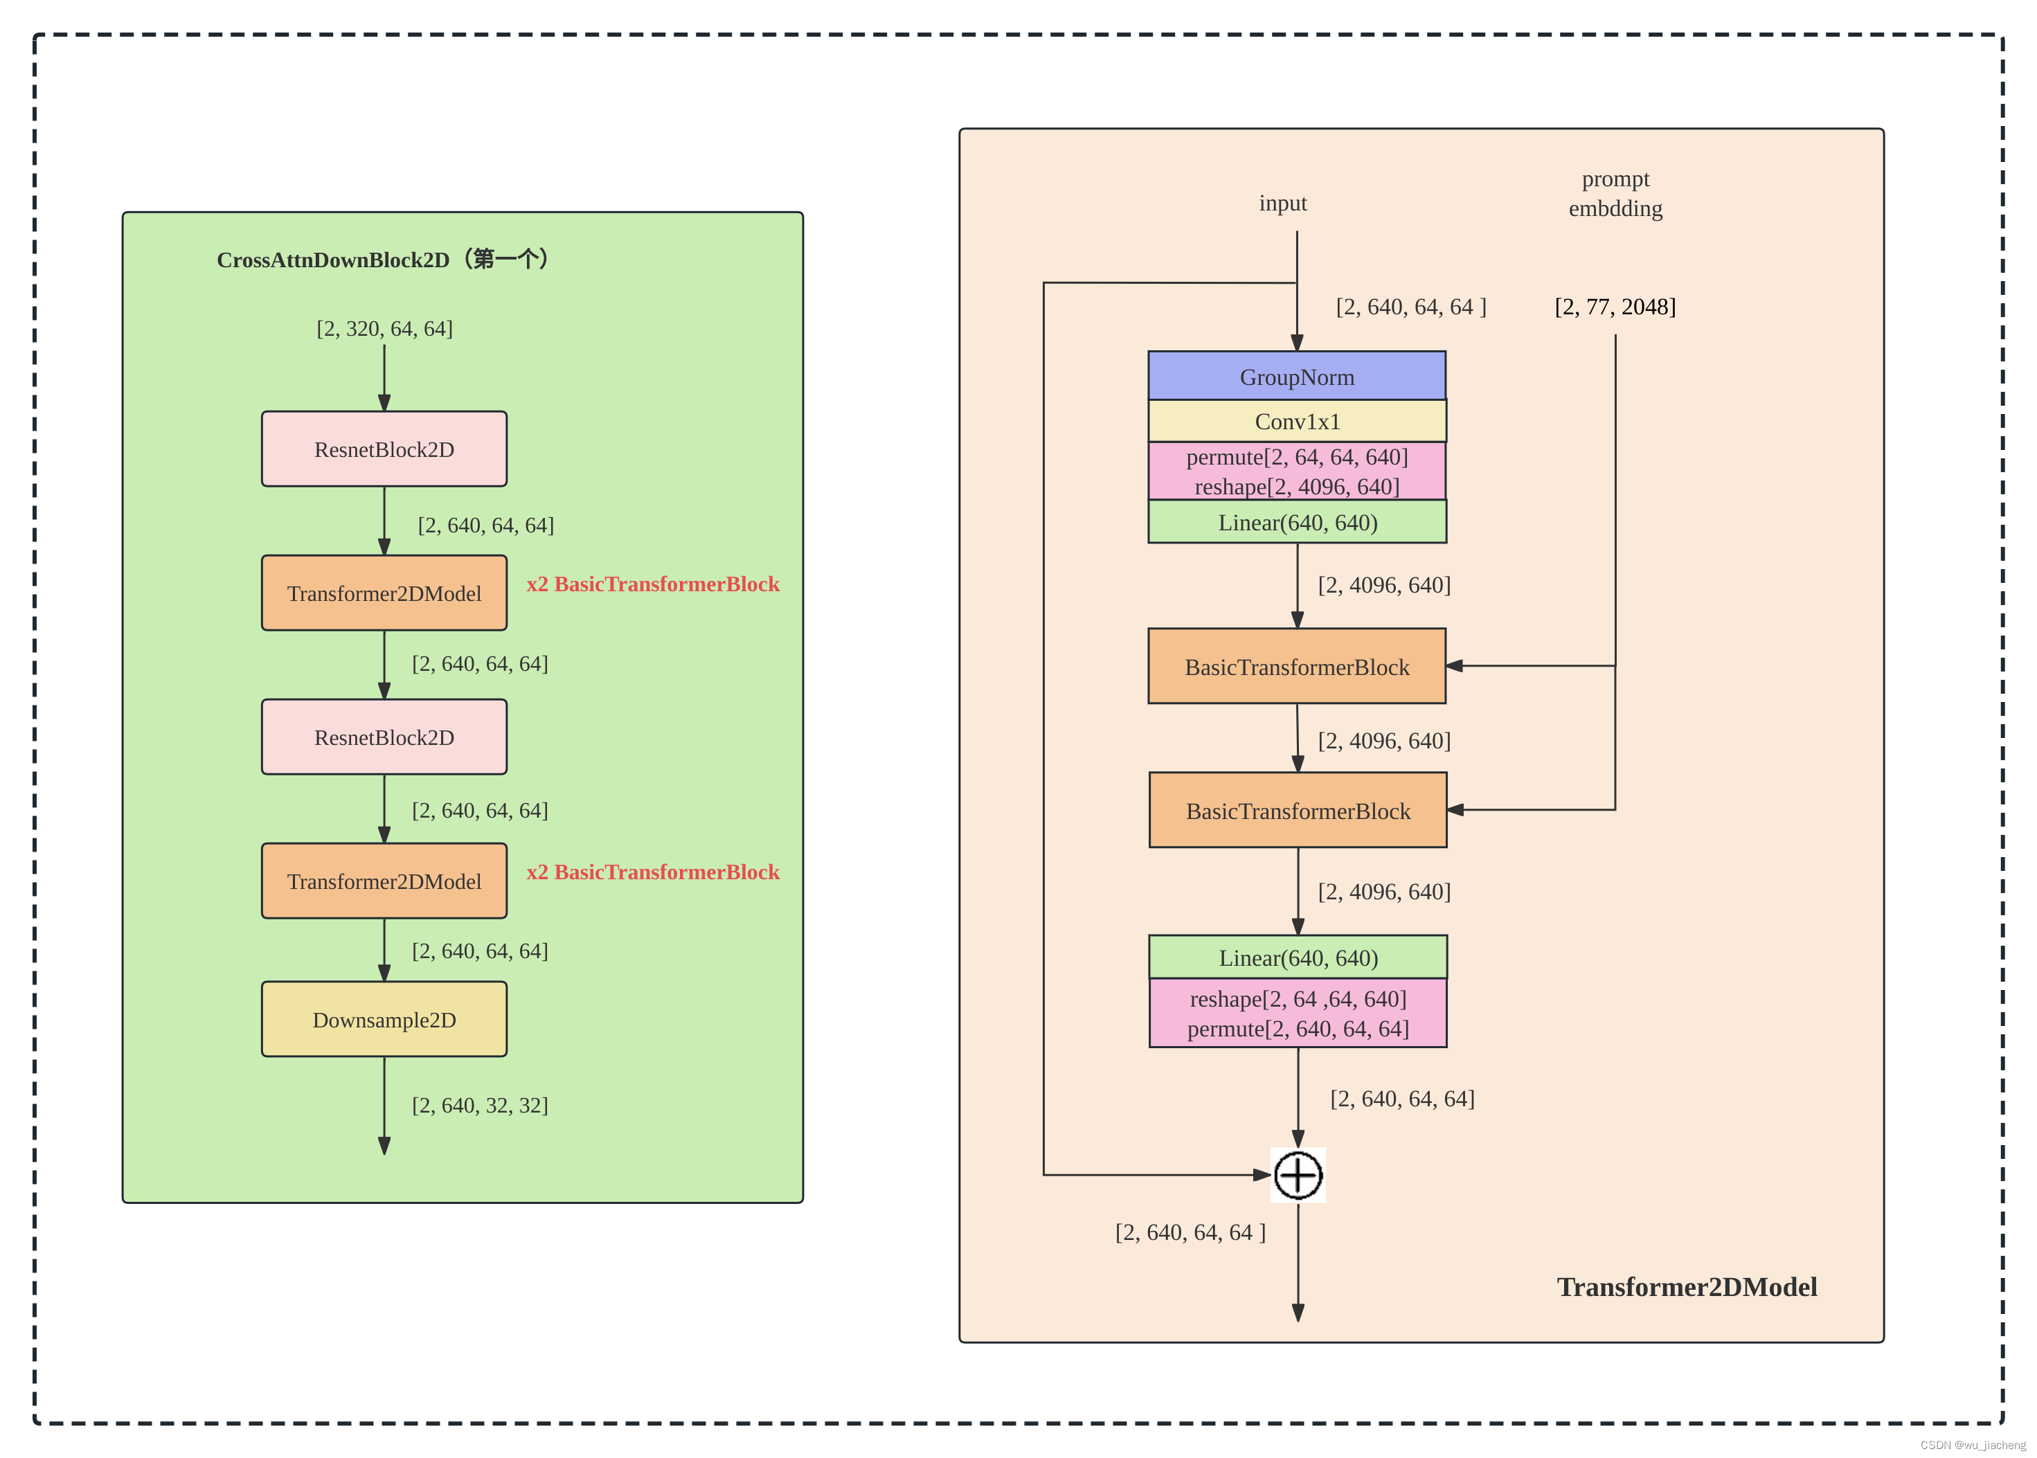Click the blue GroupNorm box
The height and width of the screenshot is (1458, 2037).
(1296, 376)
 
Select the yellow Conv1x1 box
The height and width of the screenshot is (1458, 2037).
(1296, 421)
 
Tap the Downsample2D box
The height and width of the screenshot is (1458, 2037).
(384, 1019)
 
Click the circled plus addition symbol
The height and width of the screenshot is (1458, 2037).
(1298, 1174)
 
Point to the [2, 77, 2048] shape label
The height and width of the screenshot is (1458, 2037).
(1614, 307)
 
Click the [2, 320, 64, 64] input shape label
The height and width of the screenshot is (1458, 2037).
(384, 329)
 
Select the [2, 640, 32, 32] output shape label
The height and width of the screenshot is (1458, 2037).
(479, 1105)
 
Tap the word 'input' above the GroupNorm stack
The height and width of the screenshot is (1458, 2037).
(1282, 204)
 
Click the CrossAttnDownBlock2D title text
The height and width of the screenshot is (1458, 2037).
(384, 260)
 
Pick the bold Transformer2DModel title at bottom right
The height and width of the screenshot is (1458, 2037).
(1686, 1286)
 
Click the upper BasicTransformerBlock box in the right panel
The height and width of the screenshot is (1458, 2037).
(1296, 666)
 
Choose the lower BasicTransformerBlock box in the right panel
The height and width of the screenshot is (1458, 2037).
(1298, 811)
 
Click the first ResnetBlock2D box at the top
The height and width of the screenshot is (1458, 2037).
(384, 449)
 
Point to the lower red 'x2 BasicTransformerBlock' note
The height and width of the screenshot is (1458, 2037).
(653, 872)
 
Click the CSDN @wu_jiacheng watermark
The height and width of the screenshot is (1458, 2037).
(1973, 1445)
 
